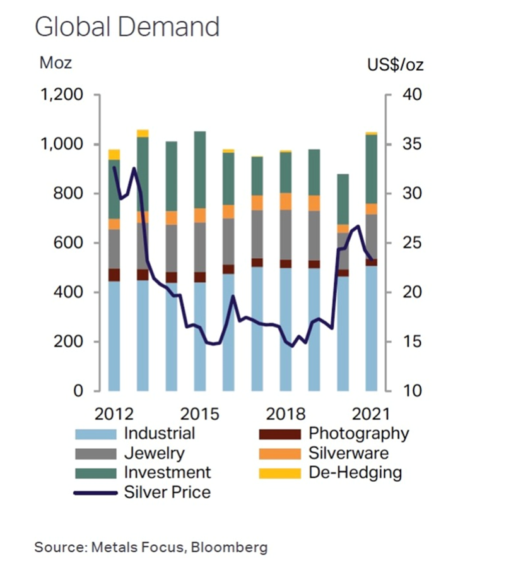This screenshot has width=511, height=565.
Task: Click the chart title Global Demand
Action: (x=127, y=27)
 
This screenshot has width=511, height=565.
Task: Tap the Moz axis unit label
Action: (x=56, y=63)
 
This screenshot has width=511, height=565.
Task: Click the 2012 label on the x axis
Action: (x=113, y=415)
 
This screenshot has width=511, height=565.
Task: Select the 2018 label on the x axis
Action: (x=285, y=415)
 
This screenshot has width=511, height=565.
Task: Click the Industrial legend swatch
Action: (x=95, y=434)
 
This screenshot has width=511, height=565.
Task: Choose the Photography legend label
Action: (x=358, y=434)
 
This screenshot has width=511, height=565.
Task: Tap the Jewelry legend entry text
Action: (x=154, y=453)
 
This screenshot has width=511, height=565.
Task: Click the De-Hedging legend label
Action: (x=355, y=473)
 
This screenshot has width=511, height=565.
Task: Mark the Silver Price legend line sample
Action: (x=95, y=492)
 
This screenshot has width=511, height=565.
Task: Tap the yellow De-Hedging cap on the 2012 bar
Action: (x=114, y=154)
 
